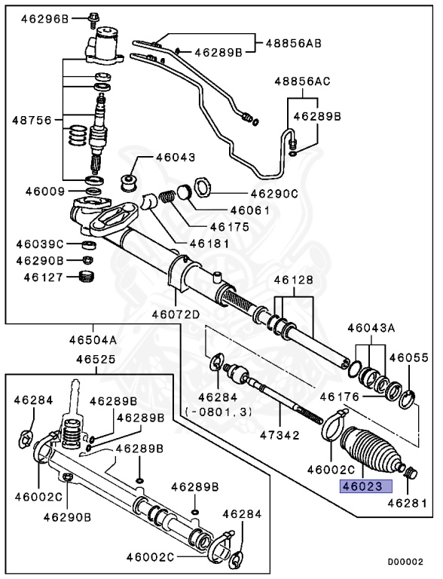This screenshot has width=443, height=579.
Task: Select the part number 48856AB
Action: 293,43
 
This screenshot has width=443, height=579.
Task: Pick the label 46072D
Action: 176,314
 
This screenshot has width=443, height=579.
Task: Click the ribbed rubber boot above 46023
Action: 368,450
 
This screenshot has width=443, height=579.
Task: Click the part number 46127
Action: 41,277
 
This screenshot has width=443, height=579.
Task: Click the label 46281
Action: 408,502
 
